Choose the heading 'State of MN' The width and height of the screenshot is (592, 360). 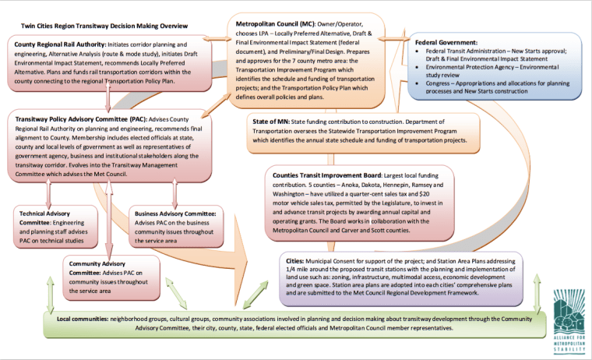270,122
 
